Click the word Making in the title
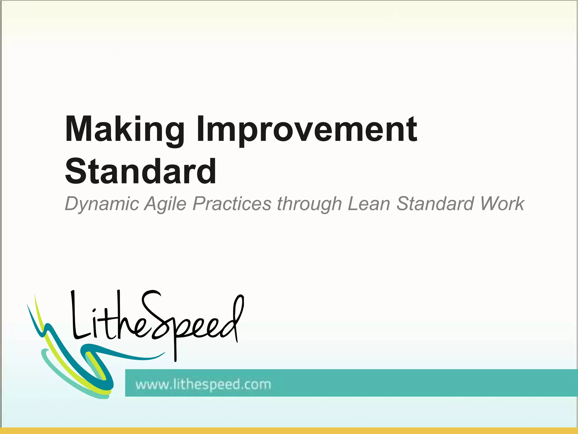click(x=124, y=129)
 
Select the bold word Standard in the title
click(x=141, y=172)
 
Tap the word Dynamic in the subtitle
click(x=102, y=204)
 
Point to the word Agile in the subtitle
click(x=165, y=204)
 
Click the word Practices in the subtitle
click(x=232, y=203)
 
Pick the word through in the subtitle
click(x=309, y=204)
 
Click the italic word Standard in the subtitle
click(x=435, y=203)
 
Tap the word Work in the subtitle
click(x=502, y=203)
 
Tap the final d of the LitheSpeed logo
click(x=233, y=319)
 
